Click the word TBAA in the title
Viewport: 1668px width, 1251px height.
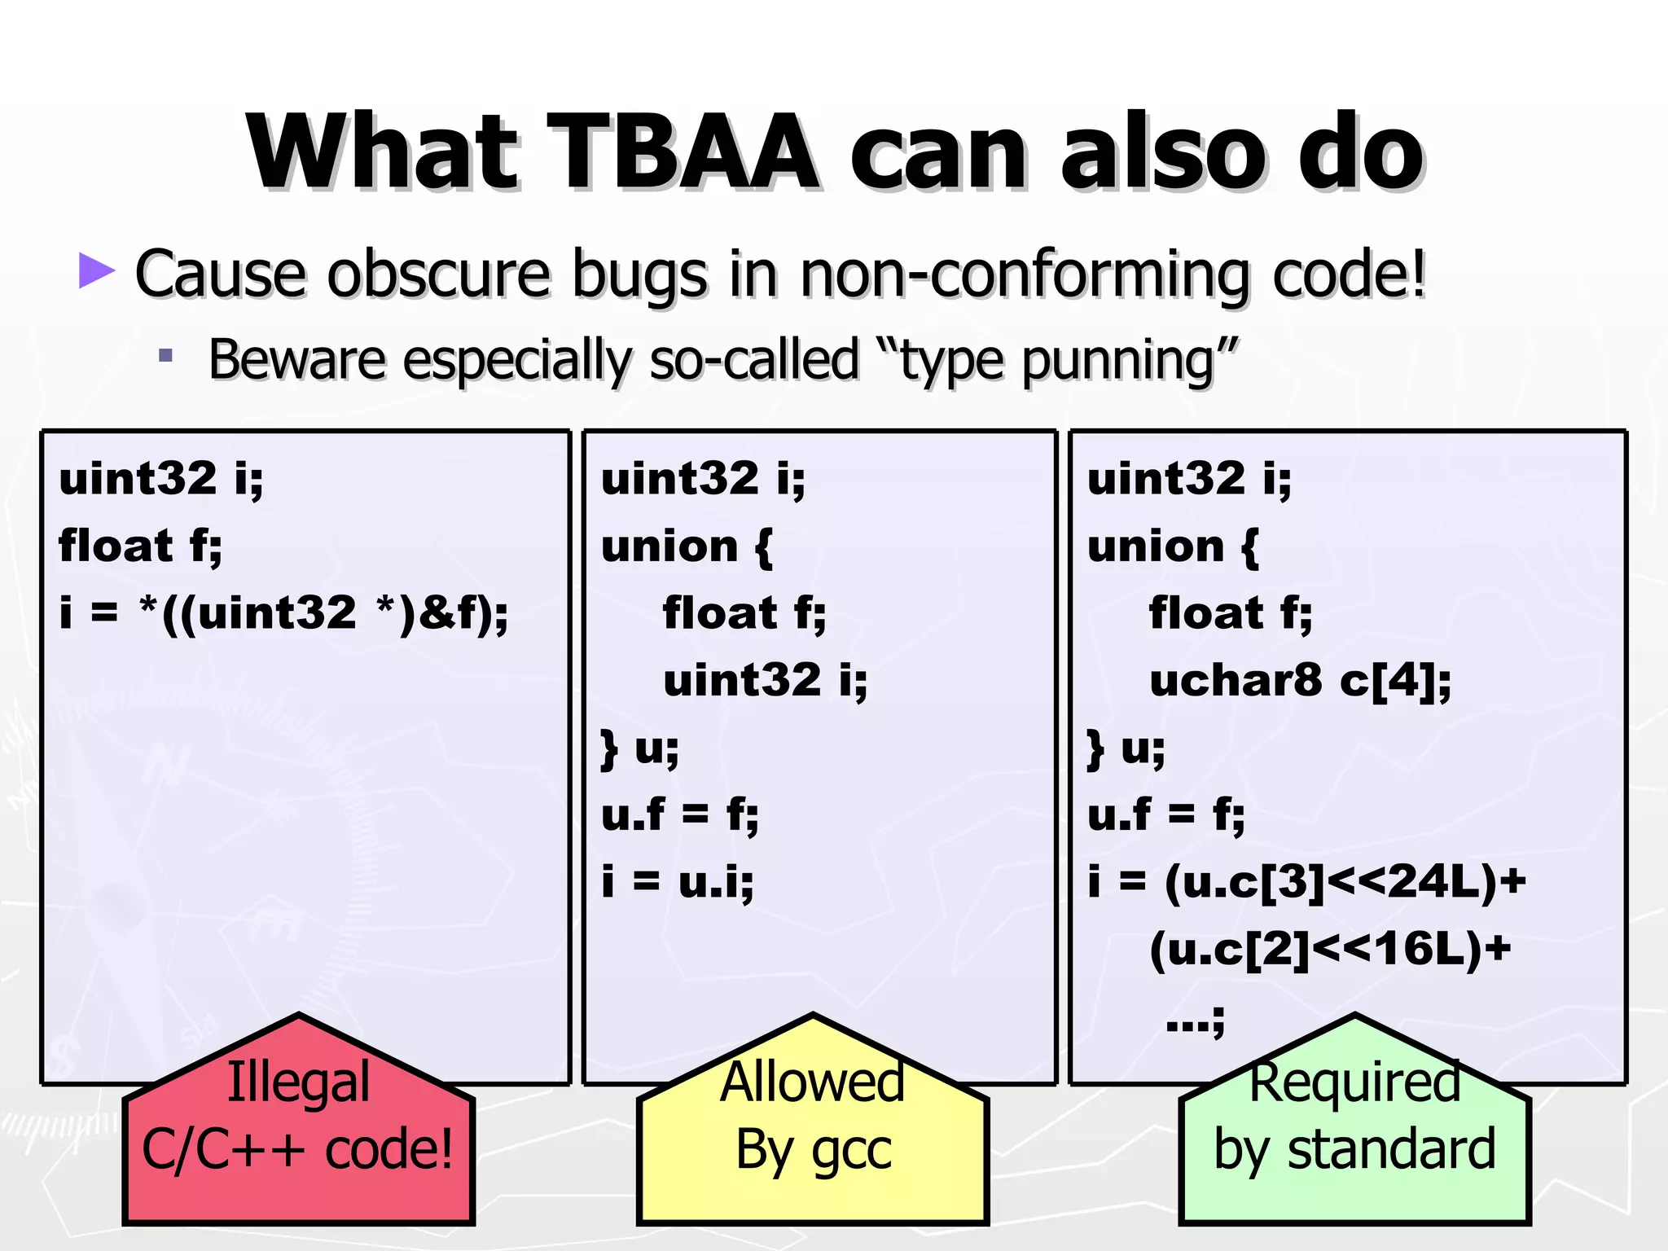pyautogui.click(x=683, y=152)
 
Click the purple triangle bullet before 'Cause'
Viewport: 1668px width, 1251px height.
pyautogui.click(x=97, y=271)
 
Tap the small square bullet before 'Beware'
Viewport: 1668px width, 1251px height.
pyautogui.click(x=166, y=356)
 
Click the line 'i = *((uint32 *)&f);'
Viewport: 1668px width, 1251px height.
pyautogui.click(x=283, y=612)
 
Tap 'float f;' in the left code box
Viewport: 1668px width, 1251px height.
pyautogui.click(x=140, y=545)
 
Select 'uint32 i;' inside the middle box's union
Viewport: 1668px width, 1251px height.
pyautogui.click(x=765, y=680)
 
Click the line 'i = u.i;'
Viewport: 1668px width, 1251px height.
pyautogui.click(x=678, y=881)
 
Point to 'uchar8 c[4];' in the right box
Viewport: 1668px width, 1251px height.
pyautogui.click(x=1300, y=680)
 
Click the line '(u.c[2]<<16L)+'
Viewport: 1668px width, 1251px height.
pyautogui.click(x=1330, y=949)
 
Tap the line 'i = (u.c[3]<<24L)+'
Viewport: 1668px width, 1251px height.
pyautogui.click(x=1306, y=881)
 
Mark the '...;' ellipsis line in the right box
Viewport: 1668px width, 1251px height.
pyautogui.click(x=1195, y=1018)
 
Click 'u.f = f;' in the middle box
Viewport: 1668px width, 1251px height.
pyautogui.click(x=679, y=814)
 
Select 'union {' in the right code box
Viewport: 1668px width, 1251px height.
pyautogui.click(x=1173, y=546)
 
